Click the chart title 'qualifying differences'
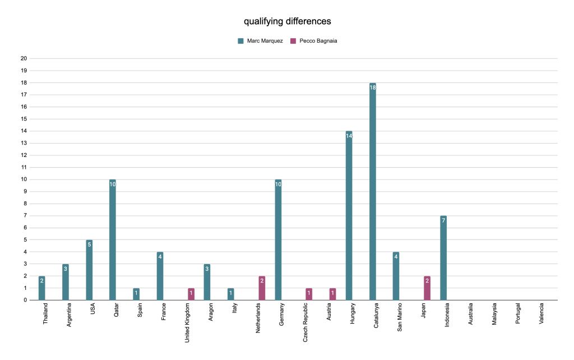coord(287,21)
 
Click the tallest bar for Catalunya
coord(373,191)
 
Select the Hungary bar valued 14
coord(349,215)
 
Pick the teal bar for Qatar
coord(113,239)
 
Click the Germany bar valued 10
coord(278,239)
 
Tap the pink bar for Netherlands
coord(262,288)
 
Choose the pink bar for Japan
coord(427,288)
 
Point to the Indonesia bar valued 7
coord(443,258)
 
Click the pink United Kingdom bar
coord(191,294)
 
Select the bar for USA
coord(89,270)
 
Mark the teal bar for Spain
coord(136,294)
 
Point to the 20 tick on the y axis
coord(24,58)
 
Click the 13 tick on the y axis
coord(24,143)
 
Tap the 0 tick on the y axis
coord(25,300)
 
